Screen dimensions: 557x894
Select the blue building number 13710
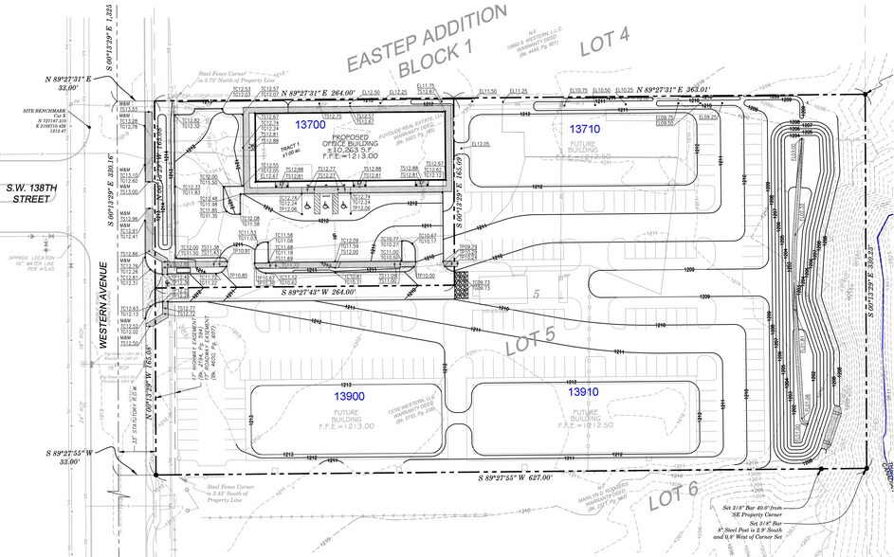pyautogui.click(x=583, y=127)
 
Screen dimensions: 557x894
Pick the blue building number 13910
pyautogui.click(x=584, y=390)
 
